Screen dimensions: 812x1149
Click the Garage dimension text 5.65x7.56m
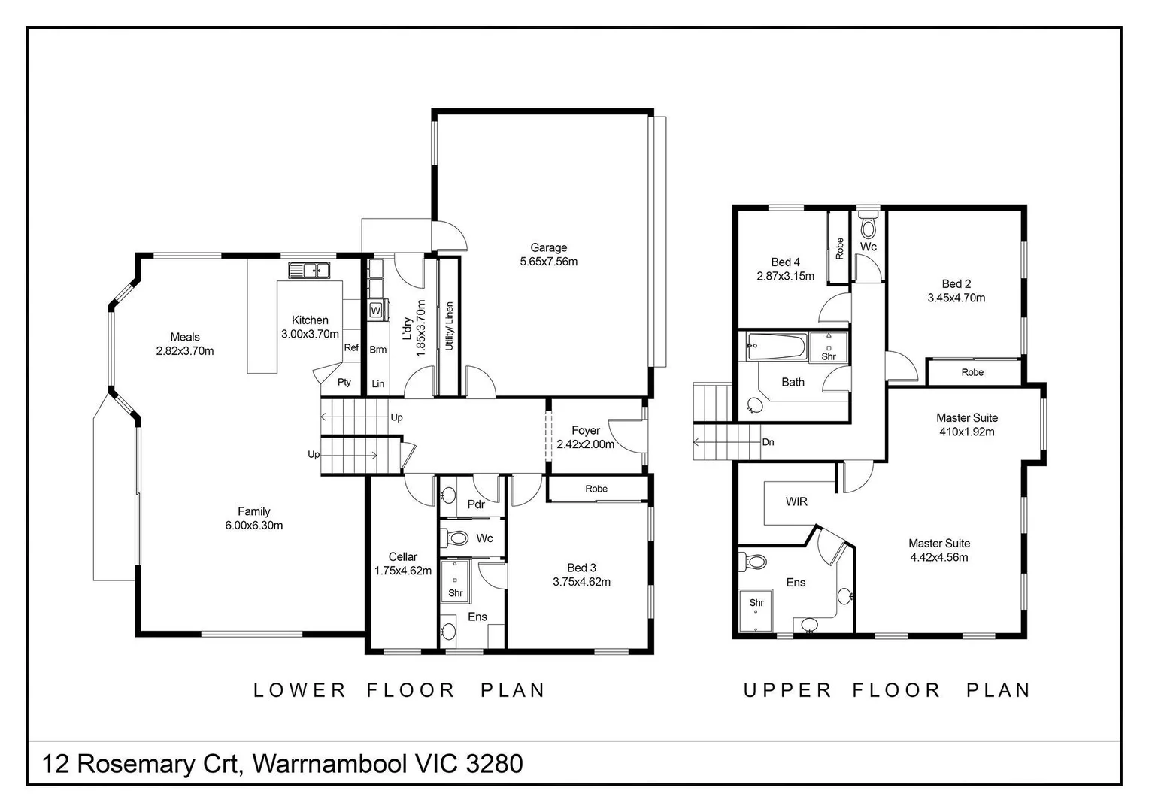click(548, 262)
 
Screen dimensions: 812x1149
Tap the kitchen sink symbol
click(308, 270)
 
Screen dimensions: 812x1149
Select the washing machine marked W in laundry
click(375, 309)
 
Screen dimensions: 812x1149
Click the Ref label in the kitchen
click(351, 347)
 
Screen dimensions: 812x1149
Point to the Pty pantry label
click(344, 382)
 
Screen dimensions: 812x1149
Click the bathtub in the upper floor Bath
click(775, 347)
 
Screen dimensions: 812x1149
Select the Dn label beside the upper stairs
click(768, 442)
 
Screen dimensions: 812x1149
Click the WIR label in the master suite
click(796, 501)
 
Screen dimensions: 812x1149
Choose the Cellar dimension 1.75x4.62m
click(403, 571)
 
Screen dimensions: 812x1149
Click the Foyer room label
click(586, 431)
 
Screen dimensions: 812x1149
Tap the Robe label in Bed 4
click(839, 248)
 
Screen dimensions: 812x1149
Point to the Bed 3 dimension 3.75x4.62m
click(581, 582)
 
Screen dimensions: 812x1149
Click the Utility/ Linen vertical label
click(449, 326)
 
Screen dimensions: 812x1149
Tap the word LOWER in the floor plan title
click(299, 690)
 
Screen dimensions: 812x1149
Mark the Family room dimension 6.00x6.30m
click(253, 526)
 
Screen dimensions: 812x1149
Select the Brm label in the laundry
click(377, 350)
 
